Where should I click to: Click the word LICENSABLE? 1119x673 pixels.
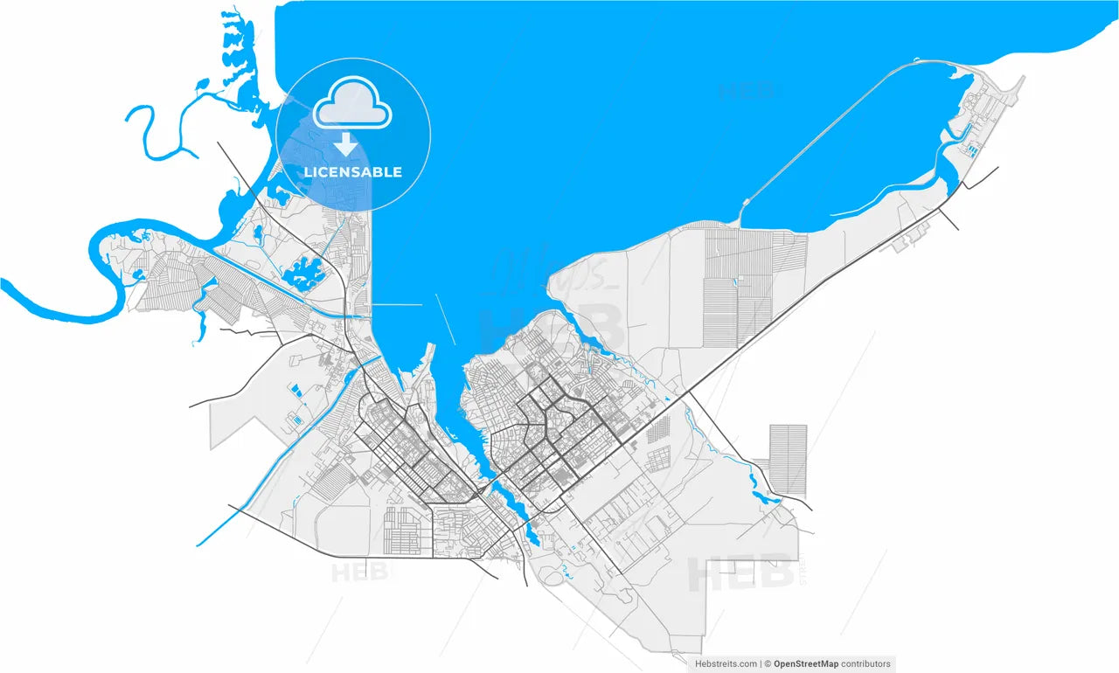[352, 172]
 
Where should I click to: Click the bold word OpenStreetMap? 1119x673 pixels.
[805, 664]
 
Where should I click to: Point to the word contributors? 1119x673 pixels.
[865, 664]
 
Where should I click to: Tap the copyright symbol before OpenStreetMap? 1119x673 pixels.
[768, 664]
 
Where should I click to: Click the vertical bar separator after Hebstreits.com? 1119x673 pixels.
[761, 664]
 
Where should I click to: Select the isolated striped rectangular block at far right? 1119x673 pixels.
[788, 459]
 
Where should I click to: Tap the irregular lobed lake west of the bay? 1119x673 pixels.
[302, 273]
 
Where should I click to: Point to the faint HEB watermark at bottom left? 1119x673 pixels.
[361, 572]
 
